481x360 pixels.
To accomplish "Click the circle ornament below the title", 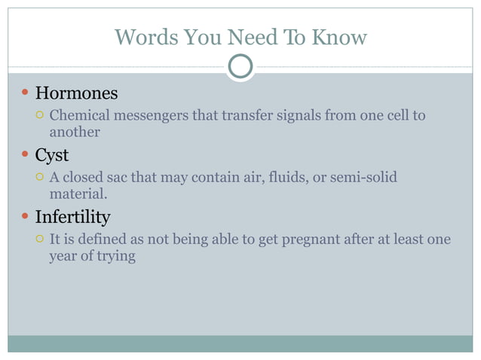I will coord(240,67).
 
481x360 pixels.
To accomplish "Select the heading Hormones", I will coord(76,93).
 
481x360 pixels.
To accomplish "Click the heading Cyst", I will coord(52,155).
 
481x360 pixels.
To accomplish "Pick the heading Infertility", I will coord(72,218).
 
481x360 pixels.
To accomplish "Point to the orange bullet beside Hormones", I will coord(25,93).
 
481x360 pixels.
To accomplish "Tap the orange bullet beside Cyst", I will coord(25,155).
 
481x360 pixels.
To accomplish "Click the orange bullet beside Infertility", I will coord(25,218).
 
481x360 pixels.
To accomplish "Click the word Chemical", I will coord(77,115).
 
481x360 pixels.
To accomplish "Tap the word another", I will coord(75,132).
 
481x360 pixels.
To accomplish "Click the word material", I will coord(78,194).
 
